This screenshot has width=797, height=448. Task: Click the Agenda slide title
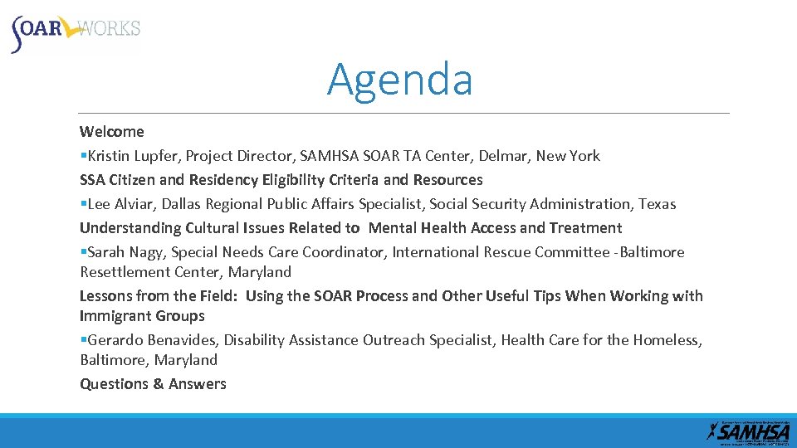tap(399, 80)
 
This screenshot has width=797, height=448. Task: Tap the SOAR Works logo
tap(76, 32)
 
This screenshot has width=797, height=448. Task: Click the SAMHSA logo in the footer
tap(748, 430)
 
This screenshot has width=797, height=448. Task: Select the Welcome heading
tap(112, 131)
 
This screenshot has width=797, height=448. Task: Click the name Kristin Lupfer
tap(133, 156)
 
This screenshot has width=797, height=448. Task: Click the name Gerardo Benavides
tap(150, 340)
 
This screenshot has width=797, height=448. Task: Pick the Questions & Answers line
tap(153, 383)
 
